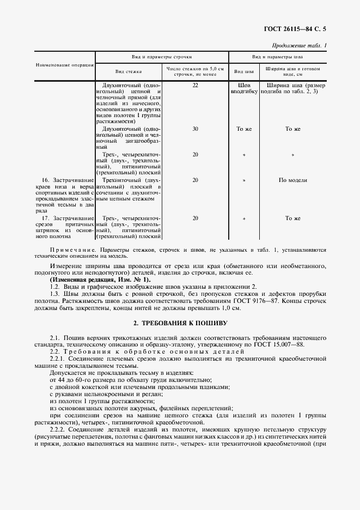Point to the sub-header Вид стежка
(x=129, y=71)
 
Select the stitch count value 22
(x=195, y=86)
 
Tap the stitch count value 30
(x=195, y=129)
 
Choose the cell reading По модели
(x=293, y=179)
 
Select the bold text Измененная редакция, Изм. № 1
(x=102, y=280)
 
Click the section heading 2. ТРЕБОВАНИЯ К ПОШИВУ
(x=180, y=323)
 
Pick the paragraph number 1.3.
(x=54, y=294)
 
